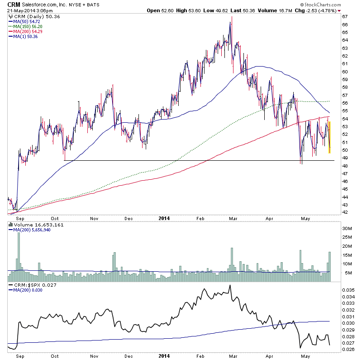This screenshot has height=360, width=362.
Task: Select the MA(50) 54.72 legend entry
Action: (23, 21)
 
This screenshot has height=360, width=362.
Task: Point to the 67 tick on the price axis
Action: (345, 17)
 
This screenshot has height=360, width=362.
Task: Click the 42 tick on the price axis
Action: (345, 212)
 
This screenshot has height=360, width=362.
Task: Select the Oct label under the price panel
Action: (55, 218)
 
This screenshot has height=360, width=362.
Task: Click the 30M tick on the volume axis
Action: (347, 229)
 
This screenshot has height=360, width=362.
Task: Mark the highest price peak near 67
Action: (232, 17)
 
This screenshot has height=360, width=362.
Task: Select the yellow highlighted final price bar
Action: (329, 134)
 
